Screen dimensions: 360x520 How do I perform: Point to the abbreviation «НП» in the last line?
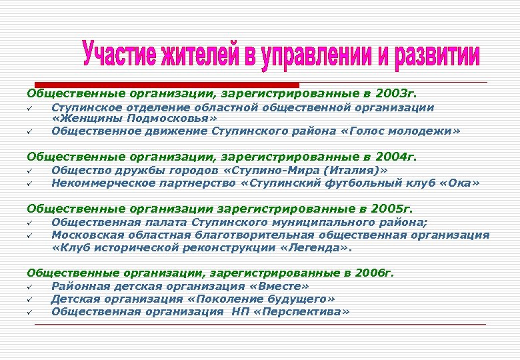pyautogui.click(x=241, y=311)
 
